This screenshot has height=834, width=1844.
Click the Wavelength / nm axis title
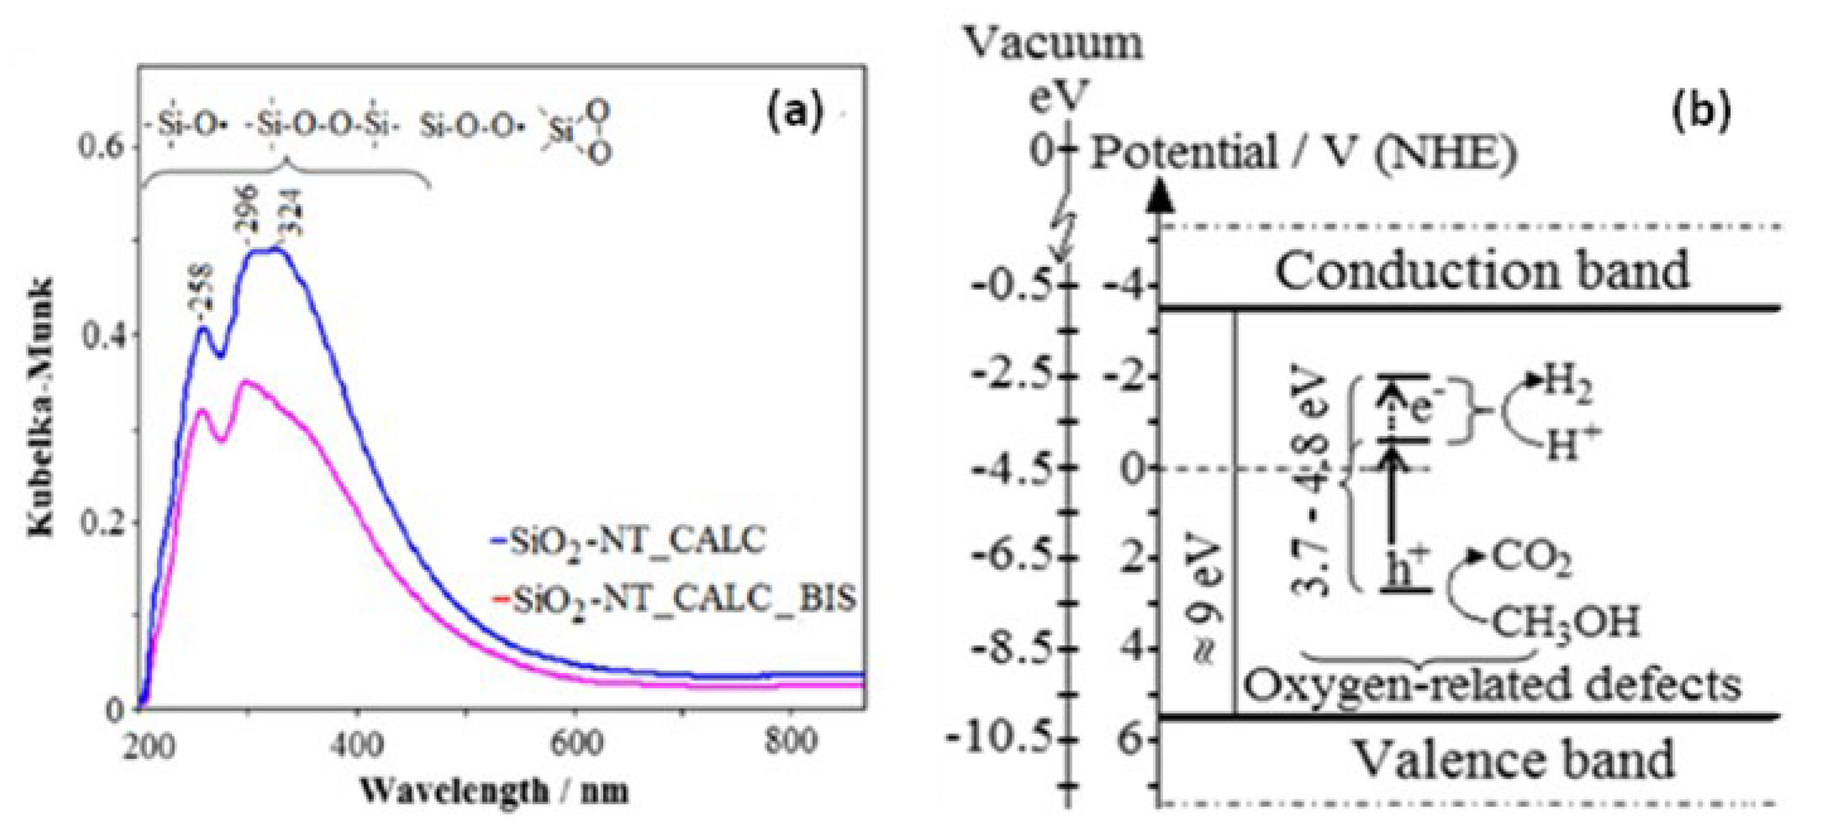494,791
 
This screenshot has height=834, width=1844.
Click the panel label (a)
794,113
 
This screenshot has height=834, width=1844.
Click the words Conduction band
1482,272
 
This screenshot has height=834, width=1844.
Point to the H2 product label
1568,382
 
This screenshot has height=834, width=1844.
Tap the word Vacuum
1054,43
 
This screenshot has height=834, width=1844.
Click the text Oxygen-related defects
1493,685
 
